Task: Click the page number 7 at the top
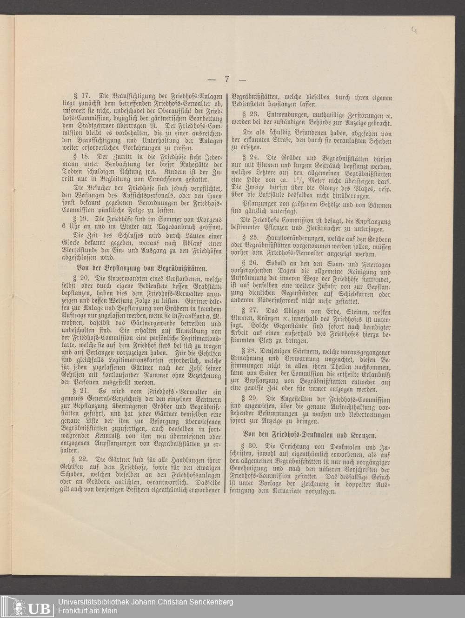coord(227,79)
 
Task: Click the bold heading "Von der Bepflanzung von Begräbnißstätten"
coord(142,268)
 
